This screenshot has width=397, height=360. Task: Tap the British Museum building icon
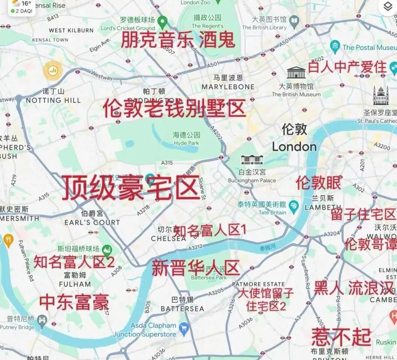(x=296, y=73)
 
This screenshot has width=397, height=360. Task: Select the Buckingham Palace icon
(x=252, y=160)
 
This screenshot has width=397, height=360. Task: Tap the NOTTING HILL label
(x=53, y=100)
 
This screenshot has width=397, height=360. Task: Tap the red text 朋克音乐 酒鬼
(x=177, y=40)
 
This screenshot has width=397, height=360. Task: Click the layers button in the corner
(x=387, y=6)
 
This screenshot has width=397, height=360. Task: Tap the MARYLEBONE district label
(x=228, y=87)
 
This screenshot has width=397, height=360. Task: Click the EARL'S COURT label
(x=92, y=222)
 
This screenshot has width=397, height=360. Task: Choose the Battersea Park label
(x=209, y=277)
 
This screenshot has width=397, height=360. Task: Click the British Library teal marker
(x=295, y=20)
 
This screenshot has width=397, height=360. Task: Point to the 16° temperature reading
(x=26, y=3)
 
